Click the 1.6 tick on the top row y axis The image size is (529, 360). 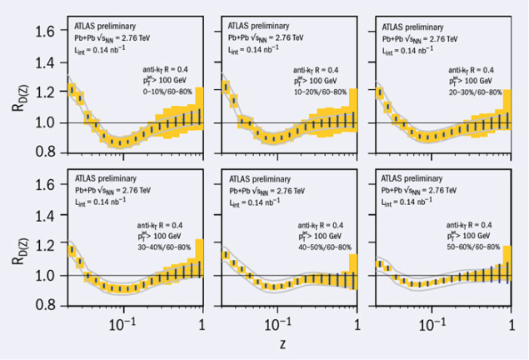(x=43, y=32)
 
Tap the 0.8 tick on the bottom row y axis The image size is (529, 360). (x=43, y=306)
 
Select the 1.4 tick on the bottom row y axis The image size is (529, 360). (x=43, y=215)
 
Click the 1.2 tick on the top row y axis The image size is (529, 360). (x=43, y=92)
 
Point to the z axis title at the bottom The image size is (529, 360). (x=282, y=343)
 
